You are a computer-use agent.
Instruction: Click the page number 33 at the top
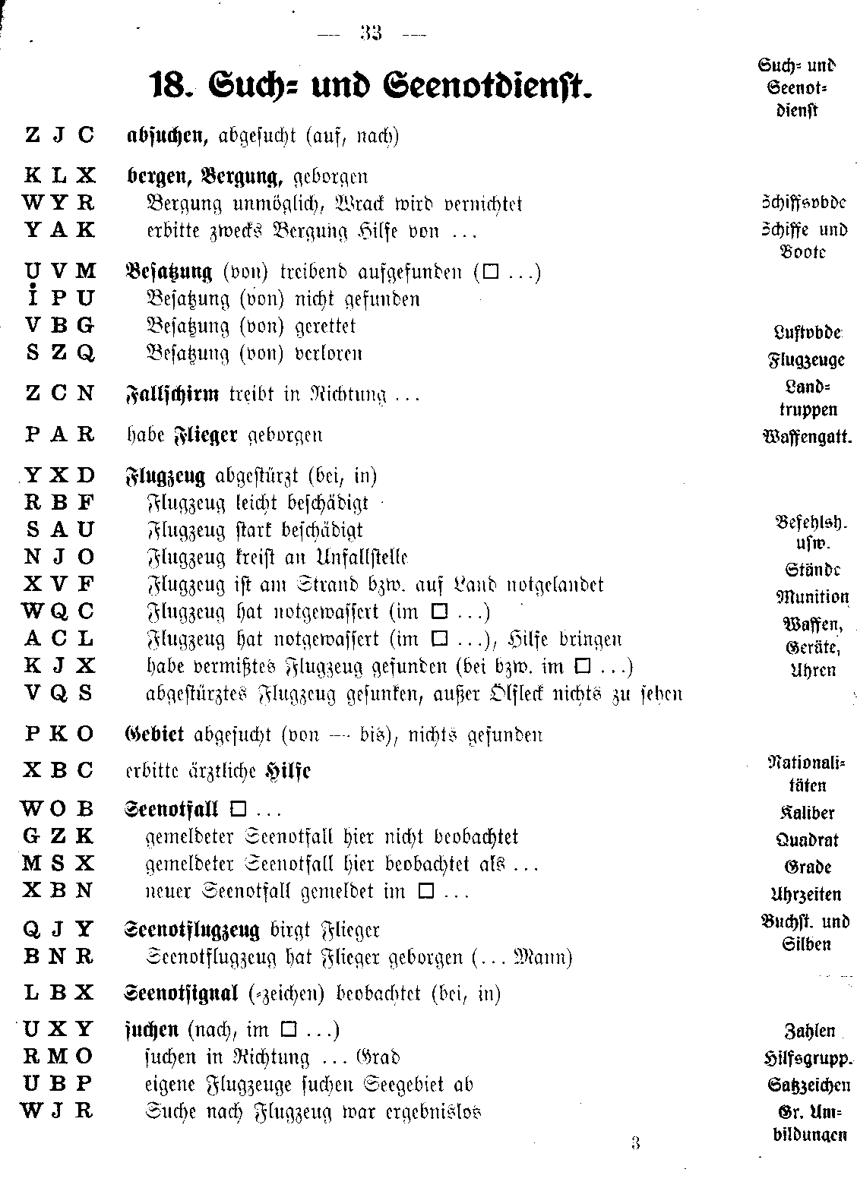tap(372, 33)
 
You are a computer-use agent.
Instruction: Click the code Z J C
tap(59, 136)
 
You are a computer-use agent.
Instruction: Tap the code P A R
tap(59, 435)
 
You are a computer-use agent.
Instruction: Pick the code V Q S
tap(59, 694)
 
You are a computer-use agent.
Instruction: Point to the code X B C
tap(59, 770)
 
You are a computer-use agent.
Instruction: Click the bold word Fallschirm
tap(172, 394)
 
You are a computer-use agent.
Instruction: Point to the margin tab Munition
tap(812, 597)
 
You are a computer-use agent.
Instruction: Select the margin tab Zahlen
tap(809, 1032)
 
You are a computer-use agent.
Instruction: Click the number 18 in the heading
tap(164, 85)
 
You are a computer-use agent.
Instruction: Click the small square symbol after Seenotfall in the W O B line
tap(238, 809)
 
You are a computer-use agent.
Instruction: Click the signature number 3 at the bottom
tap(635, 1143)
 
